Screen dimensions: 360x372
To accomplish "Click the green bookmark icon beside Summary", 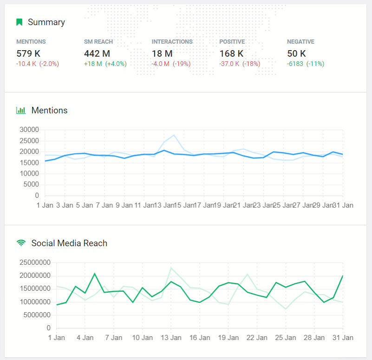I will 20,22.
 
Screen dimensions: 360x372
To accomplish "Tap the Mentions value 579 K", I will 29,53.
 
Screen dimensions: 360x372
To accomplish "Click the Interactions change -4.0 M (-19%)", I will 171,64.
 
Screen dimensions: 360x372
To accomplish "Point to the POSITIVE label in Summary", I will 232,42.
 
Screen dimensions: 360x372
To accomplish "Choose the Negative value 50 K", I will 296,53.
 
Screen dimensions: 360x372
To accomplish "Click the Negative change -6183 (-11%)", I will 306,64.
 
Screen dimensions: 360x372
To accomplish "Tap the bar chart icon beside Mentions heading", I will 21,111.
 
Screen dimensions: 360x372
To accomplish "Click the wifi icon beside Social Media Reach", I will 21,243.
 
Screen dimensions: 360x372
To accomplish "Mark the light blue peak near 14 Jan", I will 174,135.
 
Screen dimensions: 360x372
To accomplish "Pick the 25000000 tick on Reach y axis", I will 34,262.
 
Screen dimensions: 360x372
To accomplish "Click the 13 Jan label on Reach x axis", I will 171,338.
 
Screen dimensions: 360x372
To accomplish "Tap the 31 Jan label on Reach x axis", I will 343,338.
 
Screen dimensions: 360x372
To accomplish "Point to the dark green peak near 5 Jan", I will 95,274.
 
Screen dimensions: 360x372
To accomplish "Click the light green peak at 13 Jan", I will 171,268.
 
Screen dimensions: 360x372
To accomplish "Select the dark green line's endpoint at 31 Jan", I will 343,276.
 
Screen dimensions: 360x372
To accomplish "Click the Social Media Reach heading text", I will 69,243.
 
